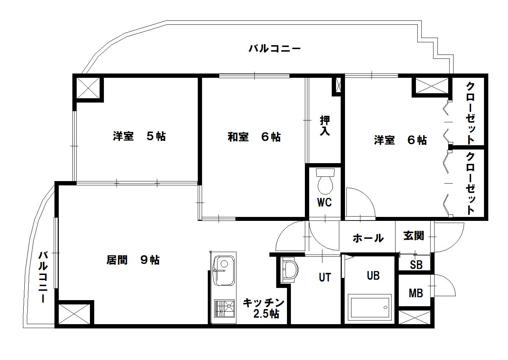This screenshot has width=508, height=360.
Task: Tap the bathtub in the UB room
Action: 370,307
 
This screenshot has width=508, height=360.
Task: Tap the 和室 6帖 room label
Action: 254,137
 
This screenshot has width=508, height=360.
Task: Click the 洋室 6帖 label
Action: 400,140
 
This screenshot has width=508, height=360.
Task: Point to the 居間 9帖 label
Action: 133,260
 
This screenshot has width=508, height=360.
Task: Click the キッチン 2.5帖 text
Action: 264,308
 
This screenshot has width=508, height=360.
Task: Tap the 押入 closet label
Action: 325,125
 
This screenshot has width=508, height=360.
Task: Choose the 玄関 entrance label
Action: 413,236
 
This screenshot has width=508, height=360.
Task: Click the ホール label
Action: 368,238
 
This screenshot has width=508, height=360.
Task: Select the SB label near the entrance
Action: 416,265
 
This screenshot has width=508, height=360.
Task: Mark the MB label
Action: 416,293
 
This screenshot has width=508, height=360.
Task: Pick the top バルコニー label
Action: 274,48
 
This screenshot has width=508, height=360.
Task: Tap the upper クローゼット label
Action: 470,113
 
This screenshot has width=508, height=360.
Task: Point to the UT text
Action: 325,277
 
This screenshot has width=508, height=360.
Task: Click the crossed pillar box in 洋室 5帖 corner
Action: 88,88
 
